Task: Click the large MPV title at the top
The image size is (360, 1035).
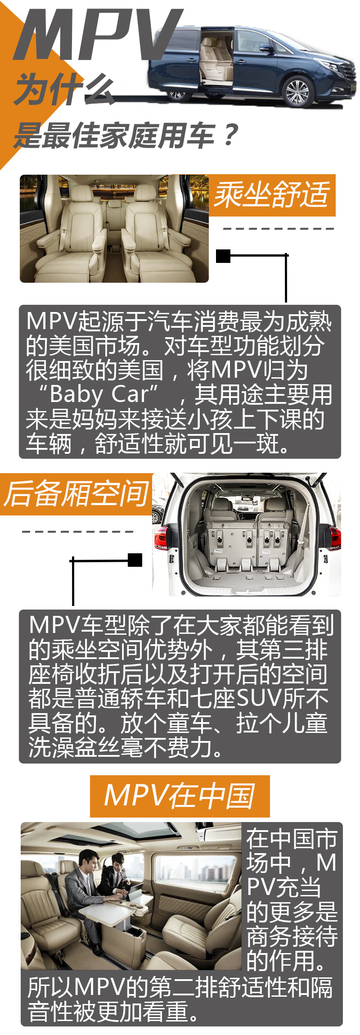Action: (97, 35)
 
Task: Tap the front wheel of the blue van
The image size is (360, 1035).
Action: (297, 91)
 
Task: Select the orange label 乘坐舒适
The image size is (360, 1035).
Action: (272, 195)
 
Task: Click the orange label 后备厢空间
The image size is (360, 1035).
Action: (76, 494)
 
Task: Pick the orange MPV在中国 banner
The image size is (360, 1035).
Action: (180, 796)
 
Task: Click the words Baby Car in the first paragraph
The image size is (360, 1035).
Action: (99, 394)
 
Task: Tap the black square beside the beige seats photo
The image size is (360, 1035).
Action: (223, 256)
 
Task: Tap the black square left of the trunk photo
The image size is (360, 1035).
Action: (135, 560)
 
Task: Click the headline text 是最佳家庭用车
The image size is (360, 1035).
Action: (114, 135)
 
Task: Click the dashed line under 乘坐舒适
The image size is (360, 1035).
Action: (279, 229)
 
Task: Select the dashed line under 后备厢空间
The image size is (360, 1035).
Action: (77, 532)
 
